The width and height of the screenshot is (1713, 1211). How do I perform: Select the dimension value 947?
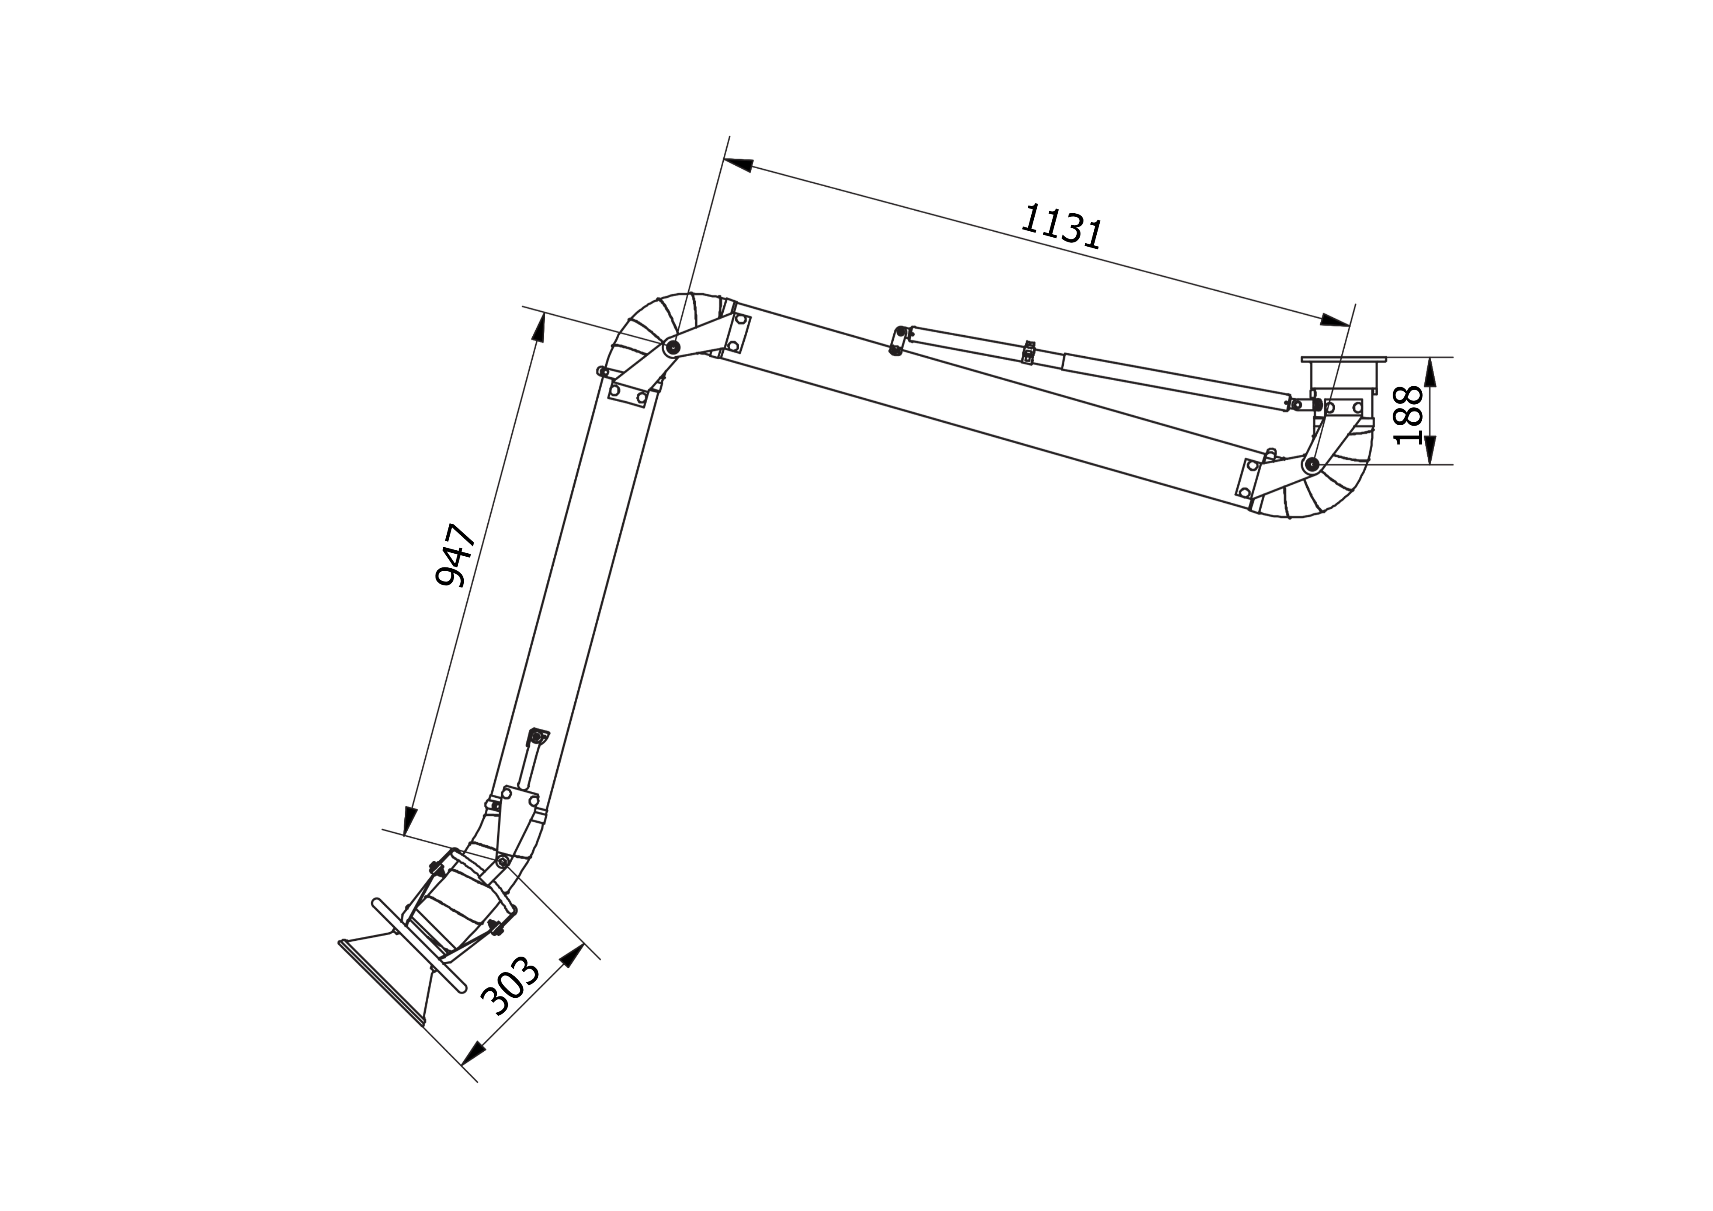coord(455,556)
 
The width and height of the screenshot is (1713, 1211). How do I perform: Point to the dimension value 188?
coord(1408,415)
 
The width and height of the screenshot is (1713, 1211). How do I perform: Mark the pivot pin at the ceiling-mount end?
coord(1311,464)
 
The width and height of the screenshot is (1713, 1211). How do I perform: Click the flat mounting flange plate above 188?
coord(1344,360)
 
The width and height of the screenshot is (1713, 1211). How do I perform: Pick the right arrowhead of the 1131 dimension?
coord(1335,321)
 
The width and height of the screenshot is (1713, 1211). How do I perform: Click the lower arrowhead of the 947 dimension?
coord(409,821)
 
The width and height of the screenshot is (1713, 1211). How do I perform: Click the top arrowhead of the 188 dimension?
coord(1430,372)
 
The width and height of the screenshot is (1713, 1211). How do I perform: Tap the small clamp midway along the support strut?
coord(1028,352)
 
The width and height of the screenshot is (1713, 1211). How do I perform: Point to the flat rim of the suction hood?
coord(381,981)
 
